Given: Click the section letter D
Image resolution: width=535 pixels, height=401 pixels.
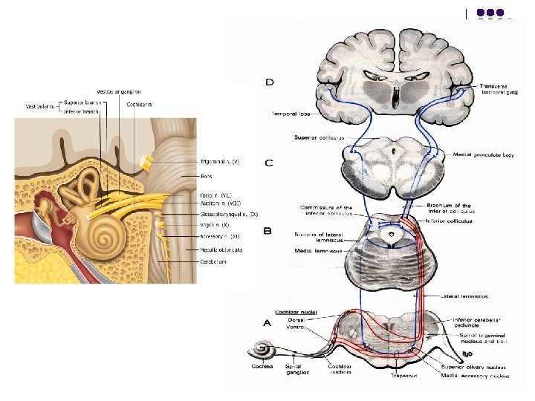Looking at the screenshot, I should point(269,82).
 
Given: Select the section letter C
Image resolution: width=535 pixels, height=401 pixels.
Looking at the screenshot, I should point(269,163).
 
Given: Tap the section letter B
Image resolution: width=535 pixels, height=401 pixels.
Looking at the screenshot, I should point(267,231).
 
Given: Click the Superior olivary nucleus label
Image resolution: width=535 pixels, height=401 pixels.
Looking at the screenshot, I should point(473,365).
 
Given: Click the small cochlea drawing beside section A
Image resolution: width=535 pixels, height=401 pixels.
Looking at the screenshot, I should point(263,350).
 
